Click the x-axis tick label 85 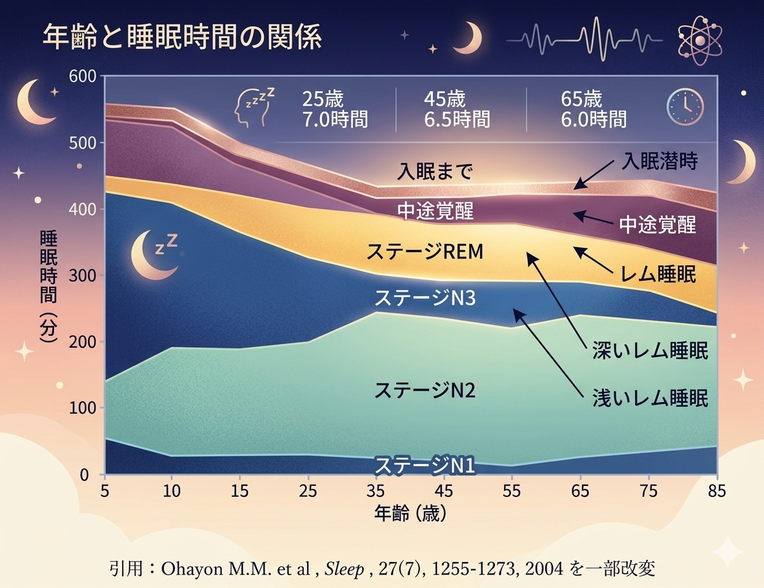(717, 491)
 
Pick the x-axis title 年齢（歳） (410, 514)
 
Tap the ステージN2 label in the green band (425, 390)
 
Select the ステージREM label (425, 252)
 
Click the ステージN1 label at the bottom (425, 464)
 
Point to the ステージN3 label (425, 298)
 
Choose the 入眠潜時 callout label (659, 161)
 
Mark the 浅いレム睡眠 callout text (650, 398)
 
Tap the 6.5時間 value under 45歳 (456, 119)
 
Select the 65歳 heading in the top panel (582, 99)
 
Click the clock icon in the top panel (684, 106)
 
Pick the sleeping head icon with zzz (253, 106)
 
